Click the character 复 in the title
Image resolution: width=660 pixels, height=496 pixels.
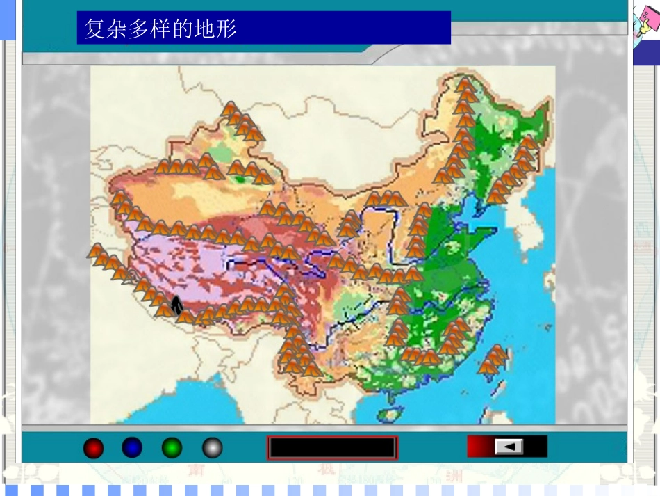point(94,28)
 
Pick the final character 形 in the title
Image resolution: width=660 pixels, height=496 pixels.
point(226,28)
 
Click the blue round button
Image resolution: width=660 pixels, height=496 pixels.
point(132,447)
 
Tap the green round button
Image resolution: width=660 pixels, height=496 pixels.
point(172,447)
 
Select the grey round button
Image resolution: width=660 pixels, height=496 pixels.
point(213,447)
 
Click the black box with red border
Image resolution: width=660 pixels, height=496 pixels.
point(332,447)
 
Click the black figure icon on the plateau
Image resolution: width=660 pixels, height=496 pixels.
point(176,304)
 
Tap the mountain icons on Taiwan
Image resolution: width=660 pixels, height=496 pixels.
point(494,360)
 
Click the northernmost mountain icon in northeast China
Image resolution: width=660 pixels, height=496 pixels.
point(465,85)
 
